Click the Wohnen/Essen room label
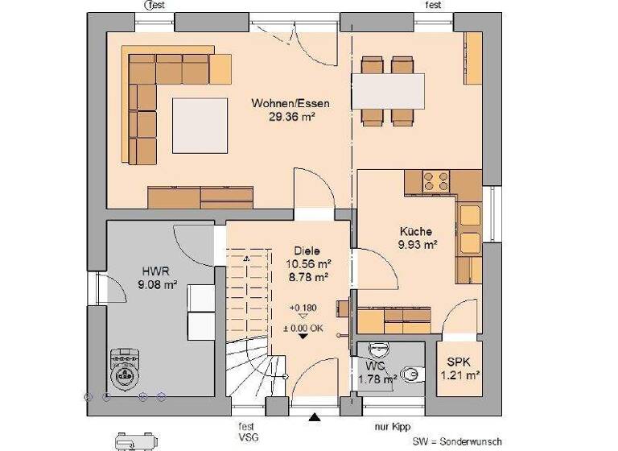point(290,104)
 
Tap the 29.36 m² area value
point(290,117)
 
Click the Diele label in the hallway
point(308,250)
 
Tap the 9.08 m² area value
point(156,283)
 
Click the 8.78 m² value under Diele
point(308,277)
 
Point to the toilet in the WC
point(410,374)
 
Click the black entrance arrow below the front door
point(315,417)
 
